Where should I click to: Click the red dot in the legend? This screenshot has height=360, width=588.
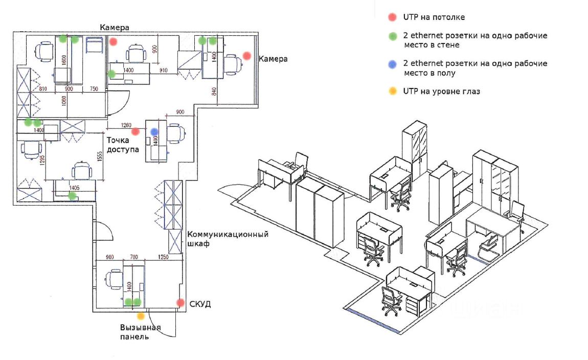click(x=393, y=17)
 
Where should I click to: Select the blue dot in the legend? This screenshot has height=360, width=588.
click(x=393, y=64)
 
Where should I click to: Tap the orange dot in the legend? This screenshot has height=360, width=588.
click(x=393, y=92)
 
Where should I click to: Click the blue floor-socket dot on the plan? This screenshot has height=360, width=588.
click(x=154, y=131)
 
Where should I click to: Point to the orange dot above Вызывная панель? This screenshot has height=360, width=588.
click(x=141, y=316)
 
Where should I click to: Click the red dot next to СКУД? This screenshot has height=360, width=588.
click(x=180, y=303)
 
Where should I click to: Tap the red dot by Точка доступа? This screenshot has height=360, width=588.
click(x=136, y=131)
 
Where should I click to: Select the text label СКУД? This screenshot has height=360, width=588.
click(x=200, y=305)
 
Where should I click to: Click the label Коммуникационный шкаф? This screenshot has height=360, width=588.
click(x=228, y=239)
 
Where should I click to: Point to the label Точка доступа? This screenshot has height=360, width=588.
click(x=123, y=144)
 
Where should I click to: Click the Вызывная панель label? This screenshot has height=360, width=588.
click(x=141, y=332)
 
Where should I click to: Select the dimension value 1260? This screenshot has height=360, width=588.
click(x=126, y=125)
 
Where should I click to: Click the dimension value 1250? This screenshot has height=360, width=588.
click(x=163, y=257)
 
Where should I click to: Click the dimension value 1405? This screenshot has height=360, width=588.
click(x=74, y=188)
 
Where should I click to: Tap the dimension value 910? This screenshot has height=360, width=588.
click(x=164, y=70)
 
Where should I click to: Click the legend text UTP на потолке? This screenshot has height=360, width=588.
click(x=434, y=17)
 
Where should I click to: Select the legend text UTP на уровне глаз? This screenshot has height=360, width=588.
click(x=442, y=92)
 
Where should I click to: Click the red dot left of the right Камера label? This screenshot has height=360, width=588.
click(x=247, y=55)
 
